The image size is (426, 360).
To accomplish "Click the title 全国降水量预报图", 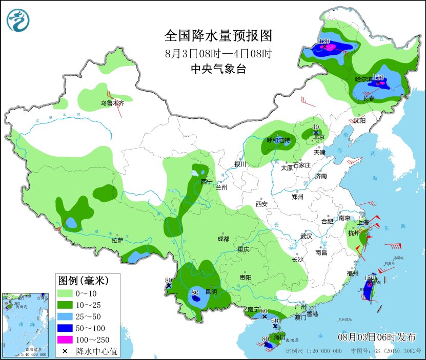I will coord(218,36).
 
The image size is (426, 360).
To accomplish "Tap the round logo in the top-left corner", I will coord(18,19).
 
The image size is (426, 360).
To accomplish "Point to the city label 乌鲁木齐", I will coord(112,103).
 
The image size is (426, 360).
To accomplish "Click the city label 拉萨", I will coord(117,240).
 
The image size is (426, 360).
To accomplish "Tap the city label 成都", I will coord(223,239).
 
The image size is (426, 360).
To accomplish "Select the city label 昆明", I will coord(211,292).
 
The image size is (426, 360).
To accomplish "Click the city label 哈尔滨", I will coord(364,79).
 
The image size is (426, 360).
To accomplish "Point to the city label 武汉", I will coord(307,236).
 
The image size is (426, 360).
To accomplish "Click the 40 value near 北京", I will coord(316,127).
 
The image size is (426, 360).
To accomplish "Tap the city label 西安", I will coord(261,204).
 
